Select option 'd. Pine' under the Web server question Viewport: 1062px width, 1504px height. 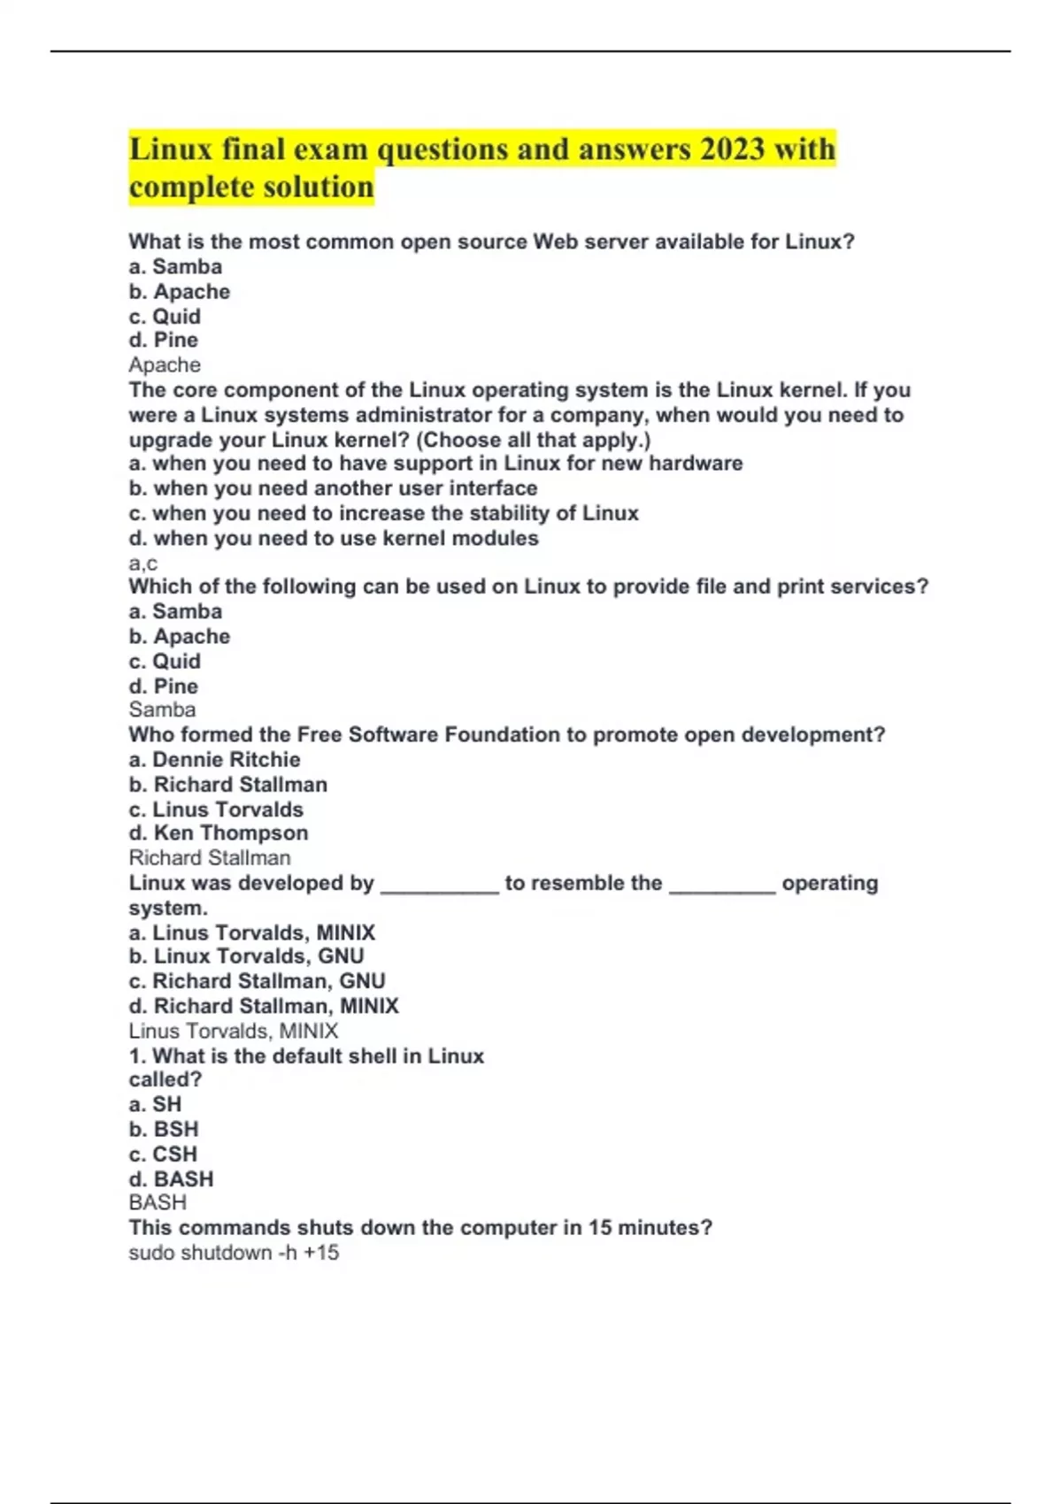164,341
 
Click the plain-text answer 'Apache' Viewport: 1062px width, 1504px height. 165,364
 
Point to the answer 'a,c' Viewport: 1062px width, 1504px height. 143,563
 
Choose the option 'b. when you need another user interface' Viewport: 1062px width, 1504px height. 333,488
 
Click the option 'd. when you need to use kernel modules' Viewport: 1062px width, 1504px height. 334,538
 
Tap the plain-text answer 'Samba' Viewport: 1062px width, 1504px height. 162,710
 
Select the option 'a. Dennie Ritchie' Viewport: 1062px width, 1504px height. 214,759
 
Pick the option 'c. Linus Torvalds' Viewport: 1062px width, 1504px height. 216,809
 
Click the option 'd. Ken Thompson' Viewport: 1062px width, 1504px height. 219,833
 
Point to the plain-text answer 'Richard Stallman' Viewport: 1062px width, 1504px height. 210,857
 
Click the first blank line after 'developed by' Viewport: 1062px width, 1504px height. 440,888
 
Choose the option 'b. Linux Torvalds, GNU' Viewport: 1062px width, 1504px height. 246,956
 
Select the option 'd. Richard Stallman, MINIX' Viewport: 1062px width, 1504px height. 264,1006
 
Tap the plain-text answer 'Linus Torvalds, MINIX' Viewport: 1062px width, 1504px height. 234,1031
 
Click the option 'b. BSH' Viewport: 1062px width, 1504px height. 164,1129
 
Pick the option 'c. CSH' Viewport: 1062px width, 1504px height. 163,1154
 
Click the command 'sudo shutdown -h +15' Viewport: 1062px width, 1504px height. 234,1253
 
